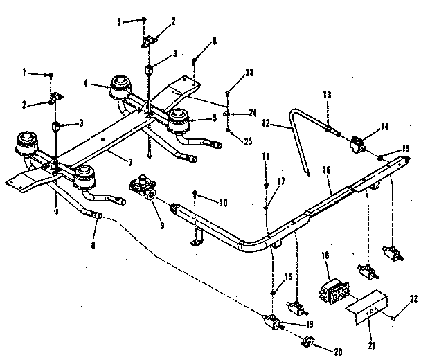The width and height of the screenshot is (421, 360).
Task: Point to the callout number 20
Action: tap(337, 351)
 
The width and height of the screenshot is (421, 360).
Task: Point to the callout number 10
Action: tap(224, 203)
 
